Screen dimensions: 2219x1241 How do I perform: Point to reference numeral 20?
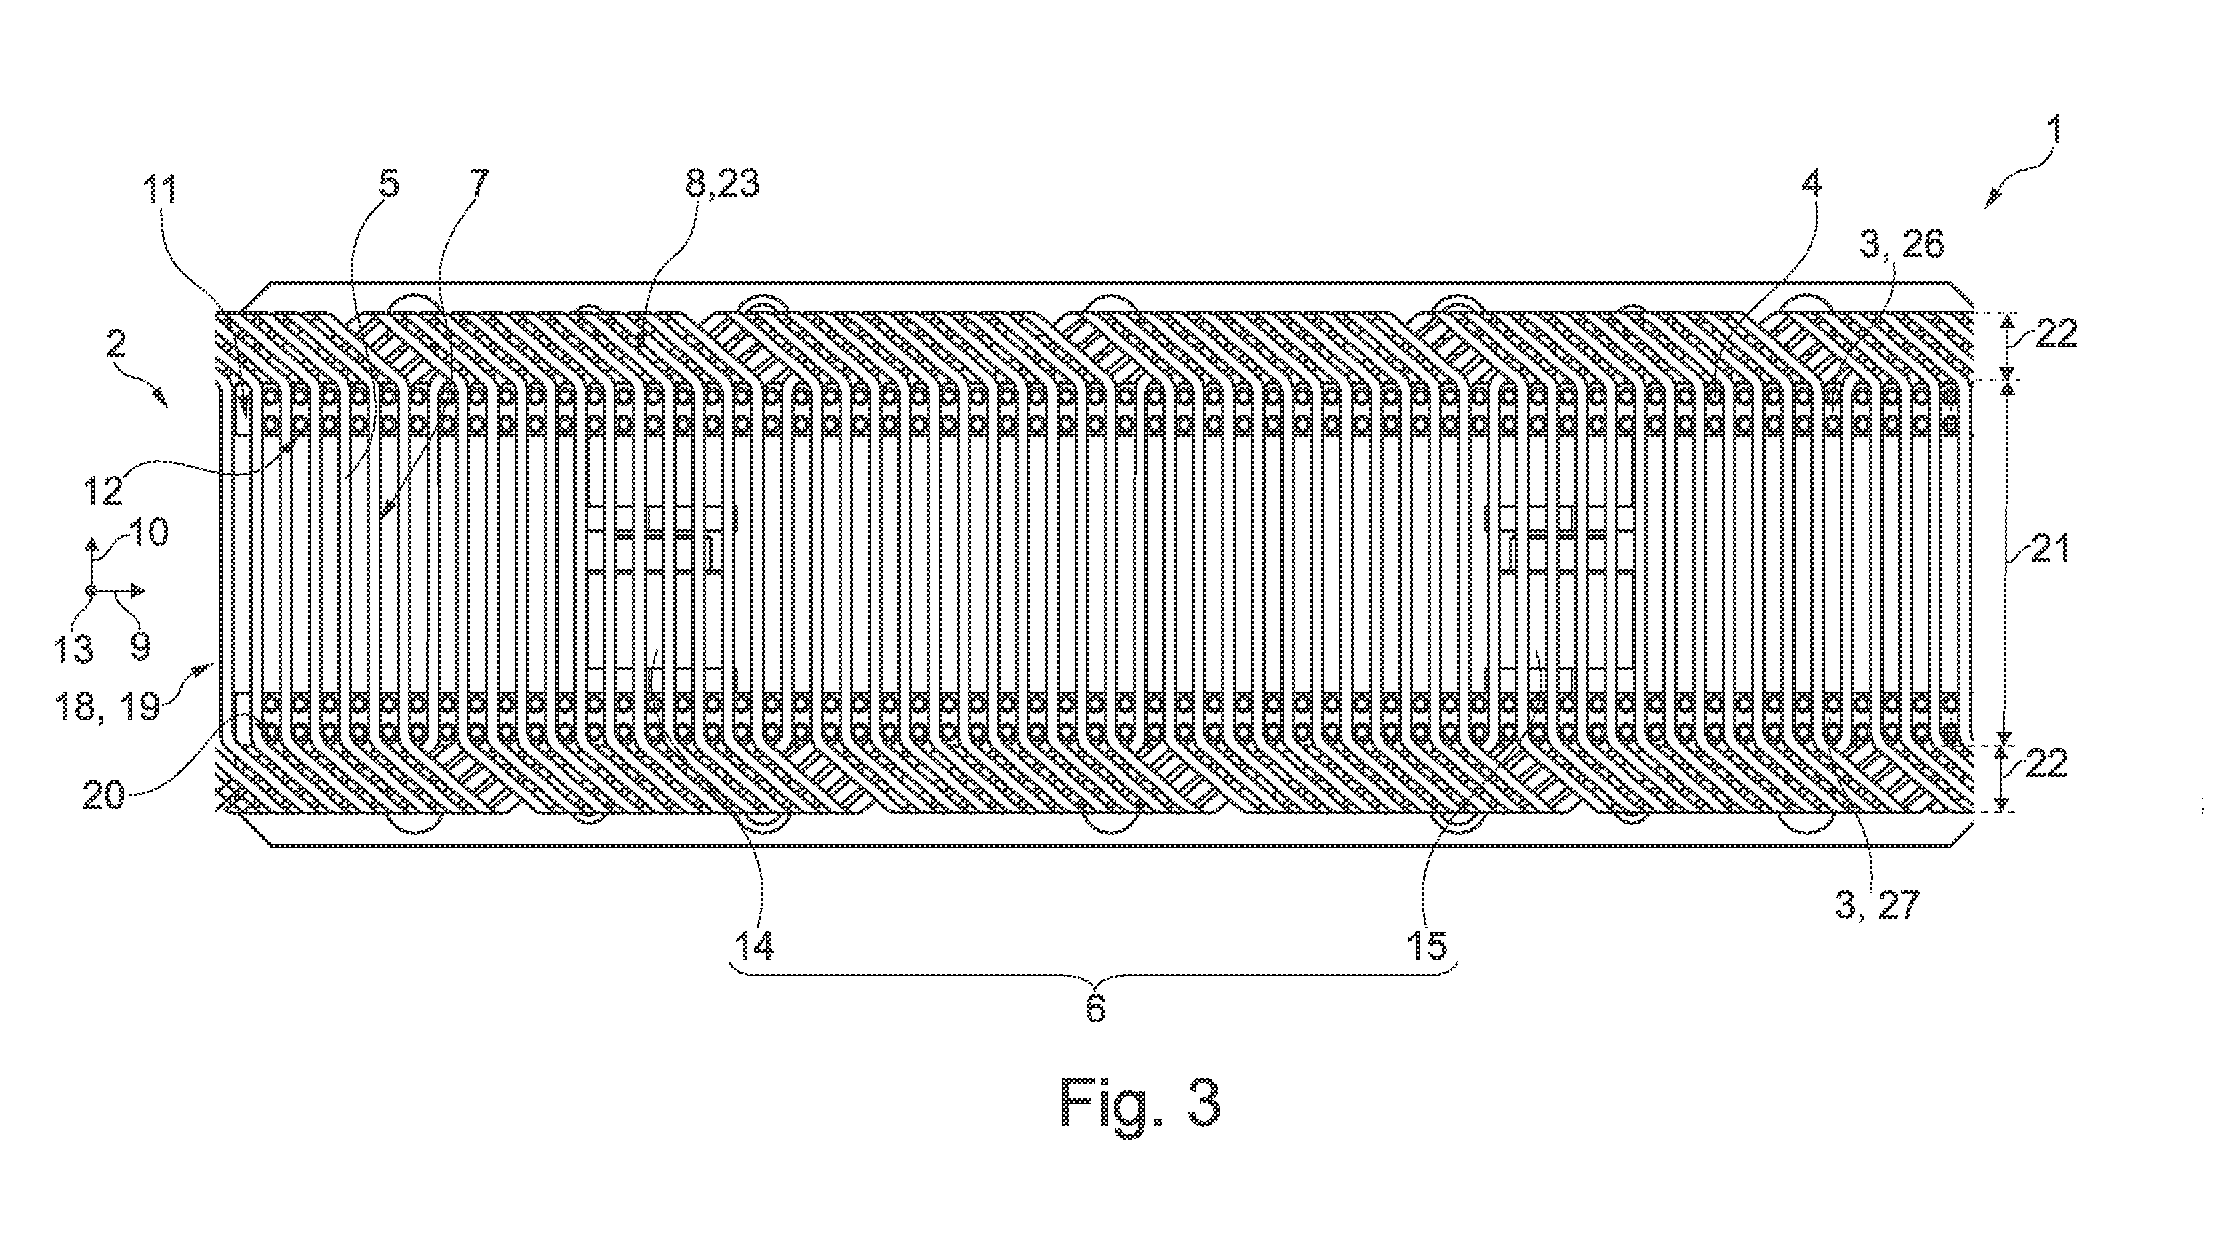[x=103, y=793]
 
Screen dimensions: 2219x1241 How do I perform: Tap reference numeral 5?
[x=389, y=185]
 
